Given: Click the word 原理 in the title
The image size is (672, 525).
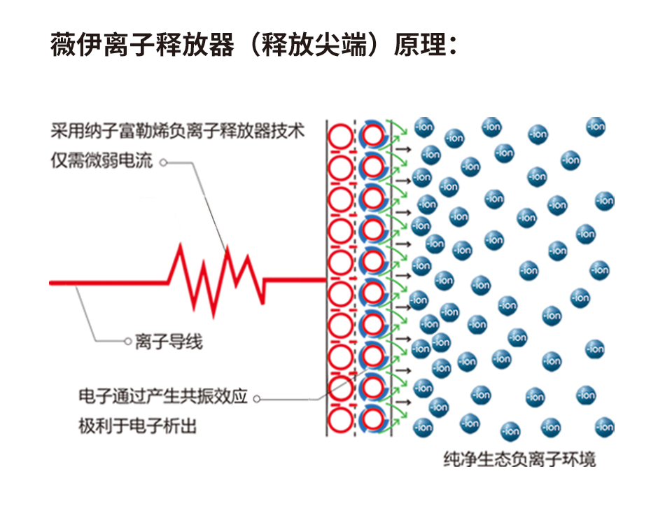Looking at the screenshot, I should (419, 44).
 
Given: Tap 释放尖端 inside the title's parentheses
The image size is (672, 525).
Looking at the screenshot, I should (316, 44).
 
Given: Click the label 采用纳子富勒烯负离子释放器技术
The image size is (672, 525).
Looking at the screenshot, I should (178, 130).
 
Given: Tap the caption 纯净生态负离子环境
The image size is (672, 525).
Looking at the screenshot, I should (519, 460).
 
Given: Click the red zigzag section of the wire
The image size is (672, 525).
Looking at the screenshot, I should (217, 274).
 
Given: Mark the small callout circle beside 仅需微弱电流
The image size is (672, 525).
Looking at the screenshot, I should (162, 162).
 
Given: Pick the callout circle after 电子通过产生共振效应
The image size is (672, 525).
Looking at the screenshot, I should (256, 398).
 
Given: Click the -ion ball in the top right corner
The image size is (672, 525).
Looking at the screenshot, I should (596, 127).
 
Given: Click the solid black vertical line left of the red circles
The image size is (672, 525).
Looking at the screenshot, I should (328, 280).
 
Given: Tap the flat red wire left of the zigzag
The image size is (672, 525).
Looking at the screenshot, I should (105, 282).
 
